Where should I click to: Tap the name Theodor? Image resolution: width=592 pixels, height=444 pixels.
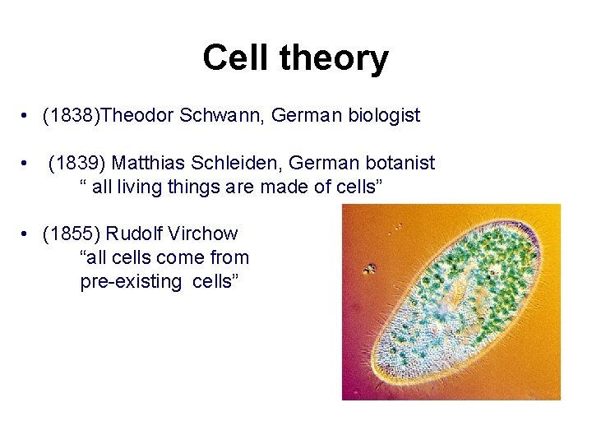click(135, 116)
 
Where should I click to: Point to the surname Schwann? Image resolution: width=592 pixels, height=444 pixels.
click(215, 116)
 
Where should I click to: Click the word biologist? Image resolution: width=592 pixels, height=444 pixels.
click(382, 116)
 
